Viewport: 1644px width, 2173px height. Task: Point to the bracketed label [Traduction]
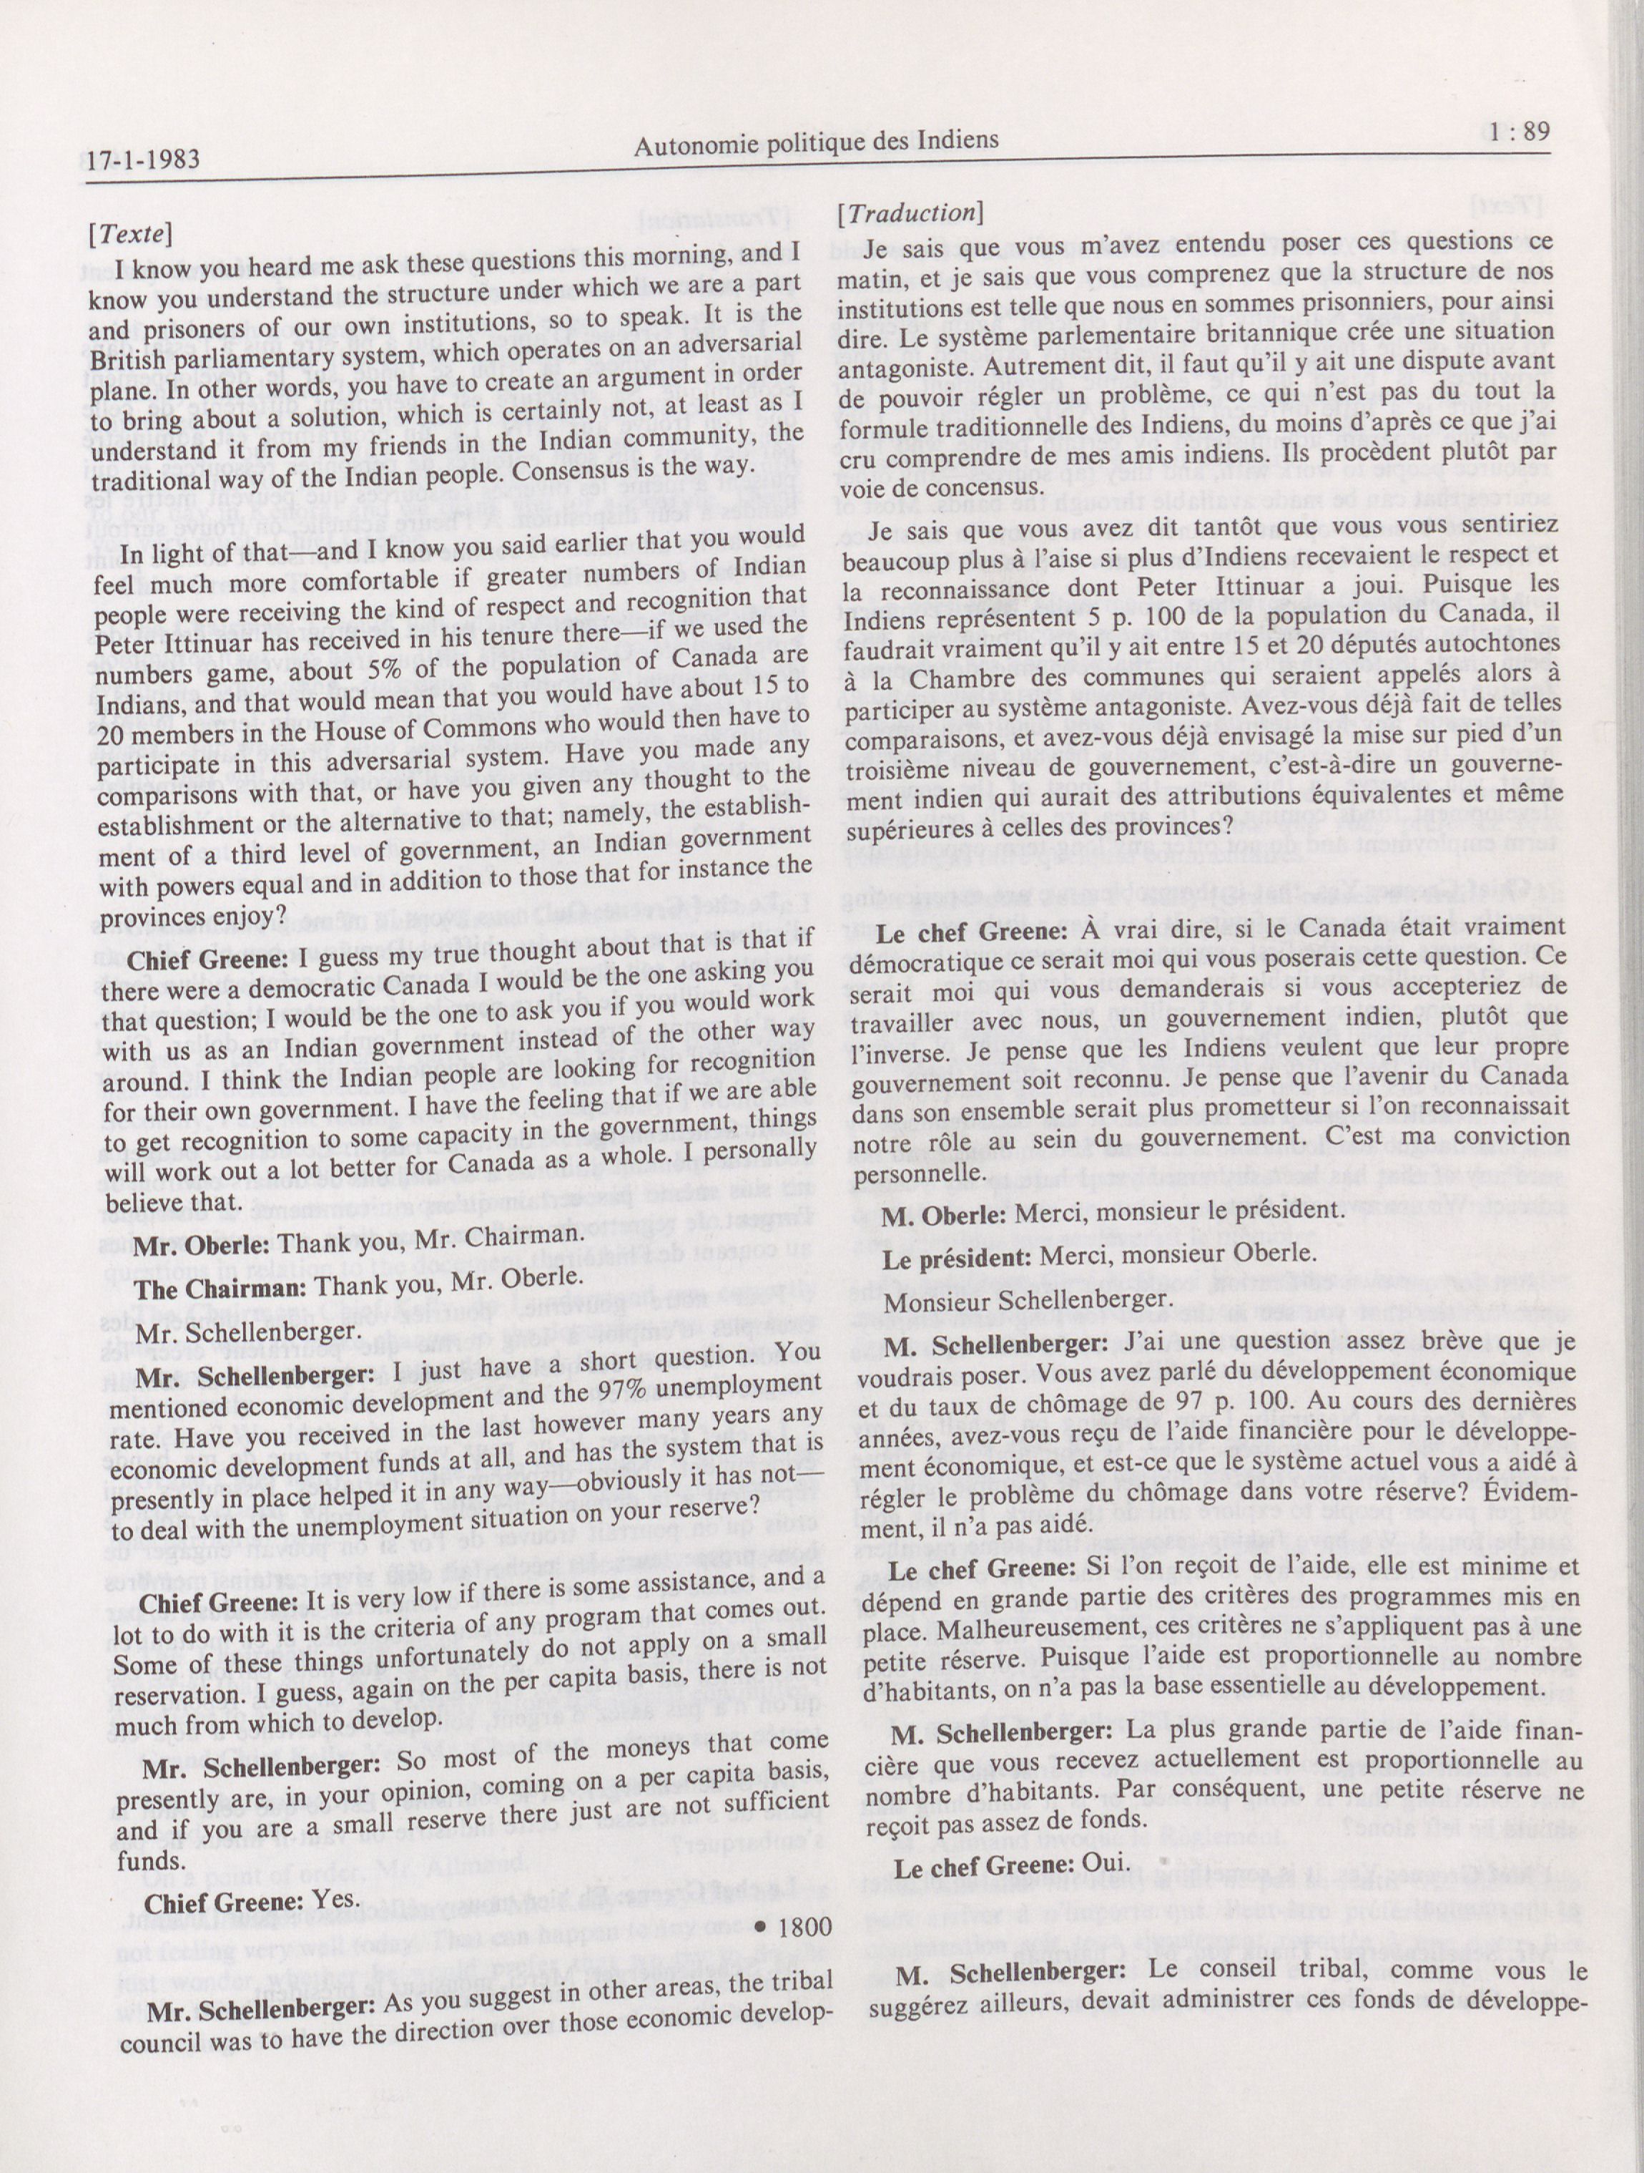point(910,213)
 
